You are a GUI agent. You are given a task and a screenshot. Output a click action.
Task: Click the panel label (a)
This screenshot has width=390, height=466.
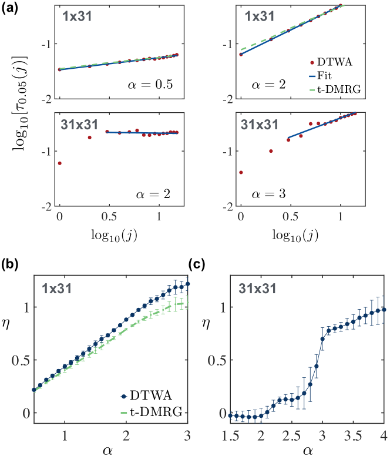pyautogui.click(x=12, y=10)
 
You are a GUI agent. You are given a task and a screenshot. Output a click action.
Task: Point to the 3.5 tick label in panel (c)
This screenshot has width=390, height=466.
pyautogui.click(x=345, y=435)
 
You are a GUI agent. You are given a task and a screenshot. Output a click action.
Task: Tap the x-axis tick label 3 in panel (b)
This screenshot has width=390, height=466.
pyautogui.click(x=187, y=435)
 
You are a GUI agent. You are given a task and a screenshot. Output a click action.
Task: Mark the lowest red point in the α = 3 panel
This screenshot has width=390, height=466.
pyautogui.click(x=241, y=172)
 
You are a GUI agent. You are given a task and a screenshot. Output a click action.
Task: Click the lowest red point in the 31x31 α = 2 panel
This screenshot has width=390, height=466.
pyautogui.click(x=59, y=163)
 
